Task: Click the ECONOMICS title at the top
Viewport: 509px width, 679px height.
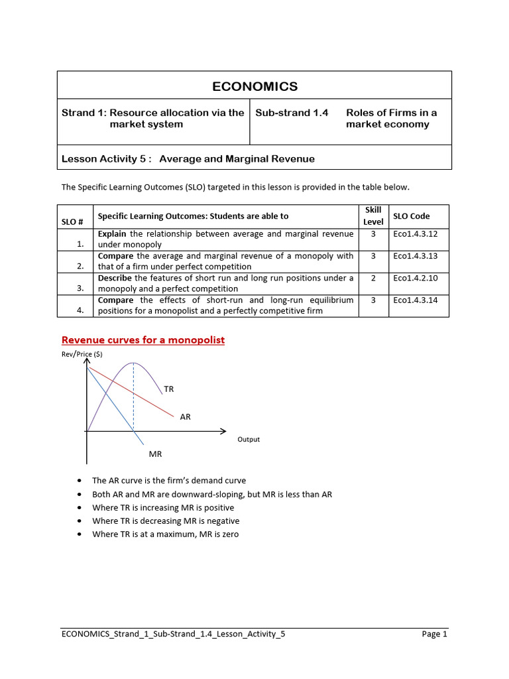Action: (x=254, y=87)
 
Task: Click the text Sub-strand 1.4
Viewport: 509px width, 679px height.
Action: (x=292, y=113)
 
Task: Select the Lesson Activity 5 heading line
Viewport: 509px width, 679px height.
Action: (x=188, y=158)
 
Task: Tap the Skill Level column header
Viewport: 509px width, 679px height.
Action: (x=373, y=216)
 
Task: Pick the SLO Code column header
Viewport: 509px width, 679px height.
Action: (x=411, y=216)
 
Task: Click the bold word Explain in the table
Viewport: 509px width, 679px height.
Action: (x=113, y=233)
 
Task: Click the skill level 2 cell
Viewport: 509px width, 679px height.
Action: (x=373, y=278)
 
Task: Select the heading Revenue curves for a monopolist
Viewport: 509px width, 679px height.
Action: (x=143, y=340)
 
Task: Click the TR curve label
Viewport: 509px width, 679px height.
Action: (x=169, y=389)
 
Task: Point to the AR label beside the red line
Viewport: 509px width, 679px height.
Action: (x=185, y=417)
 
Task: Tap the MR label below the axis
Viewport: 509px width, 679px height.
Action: (x=155, y=454)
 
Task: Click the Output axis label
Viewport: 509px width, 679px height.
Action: (x=249, y=440)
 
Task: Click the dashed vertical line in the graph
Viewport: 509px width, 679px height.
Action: (x=134, y=398)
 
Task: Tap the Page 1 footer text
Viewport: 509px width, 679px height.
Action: (x=435, y=634)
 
